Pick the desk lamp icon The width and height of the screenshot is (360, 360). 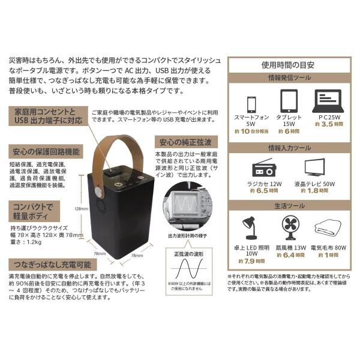coord(250,230)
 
